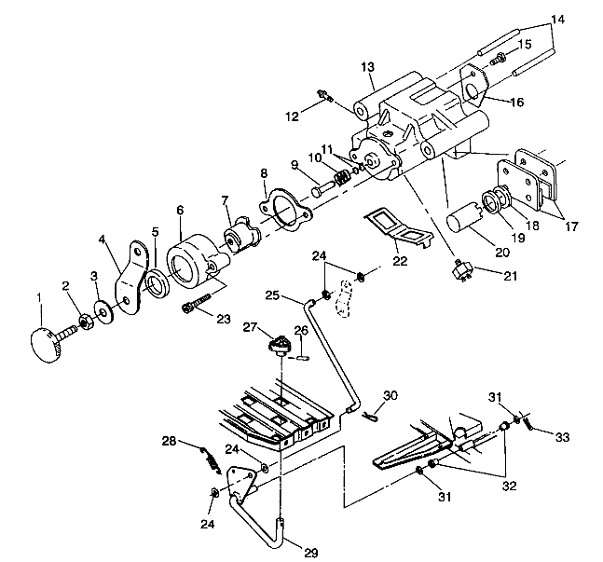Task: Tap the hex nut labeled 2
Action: tap(85, 321)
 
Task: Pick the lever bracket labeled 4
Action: tap(132, 277)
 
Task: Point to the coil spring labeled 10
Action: tap(342, 177)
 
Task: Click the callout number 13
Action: tap(367, 67)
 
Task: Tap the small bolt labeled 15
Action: tap(498, 59)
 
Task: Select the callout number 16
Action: tap(517, 102)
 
